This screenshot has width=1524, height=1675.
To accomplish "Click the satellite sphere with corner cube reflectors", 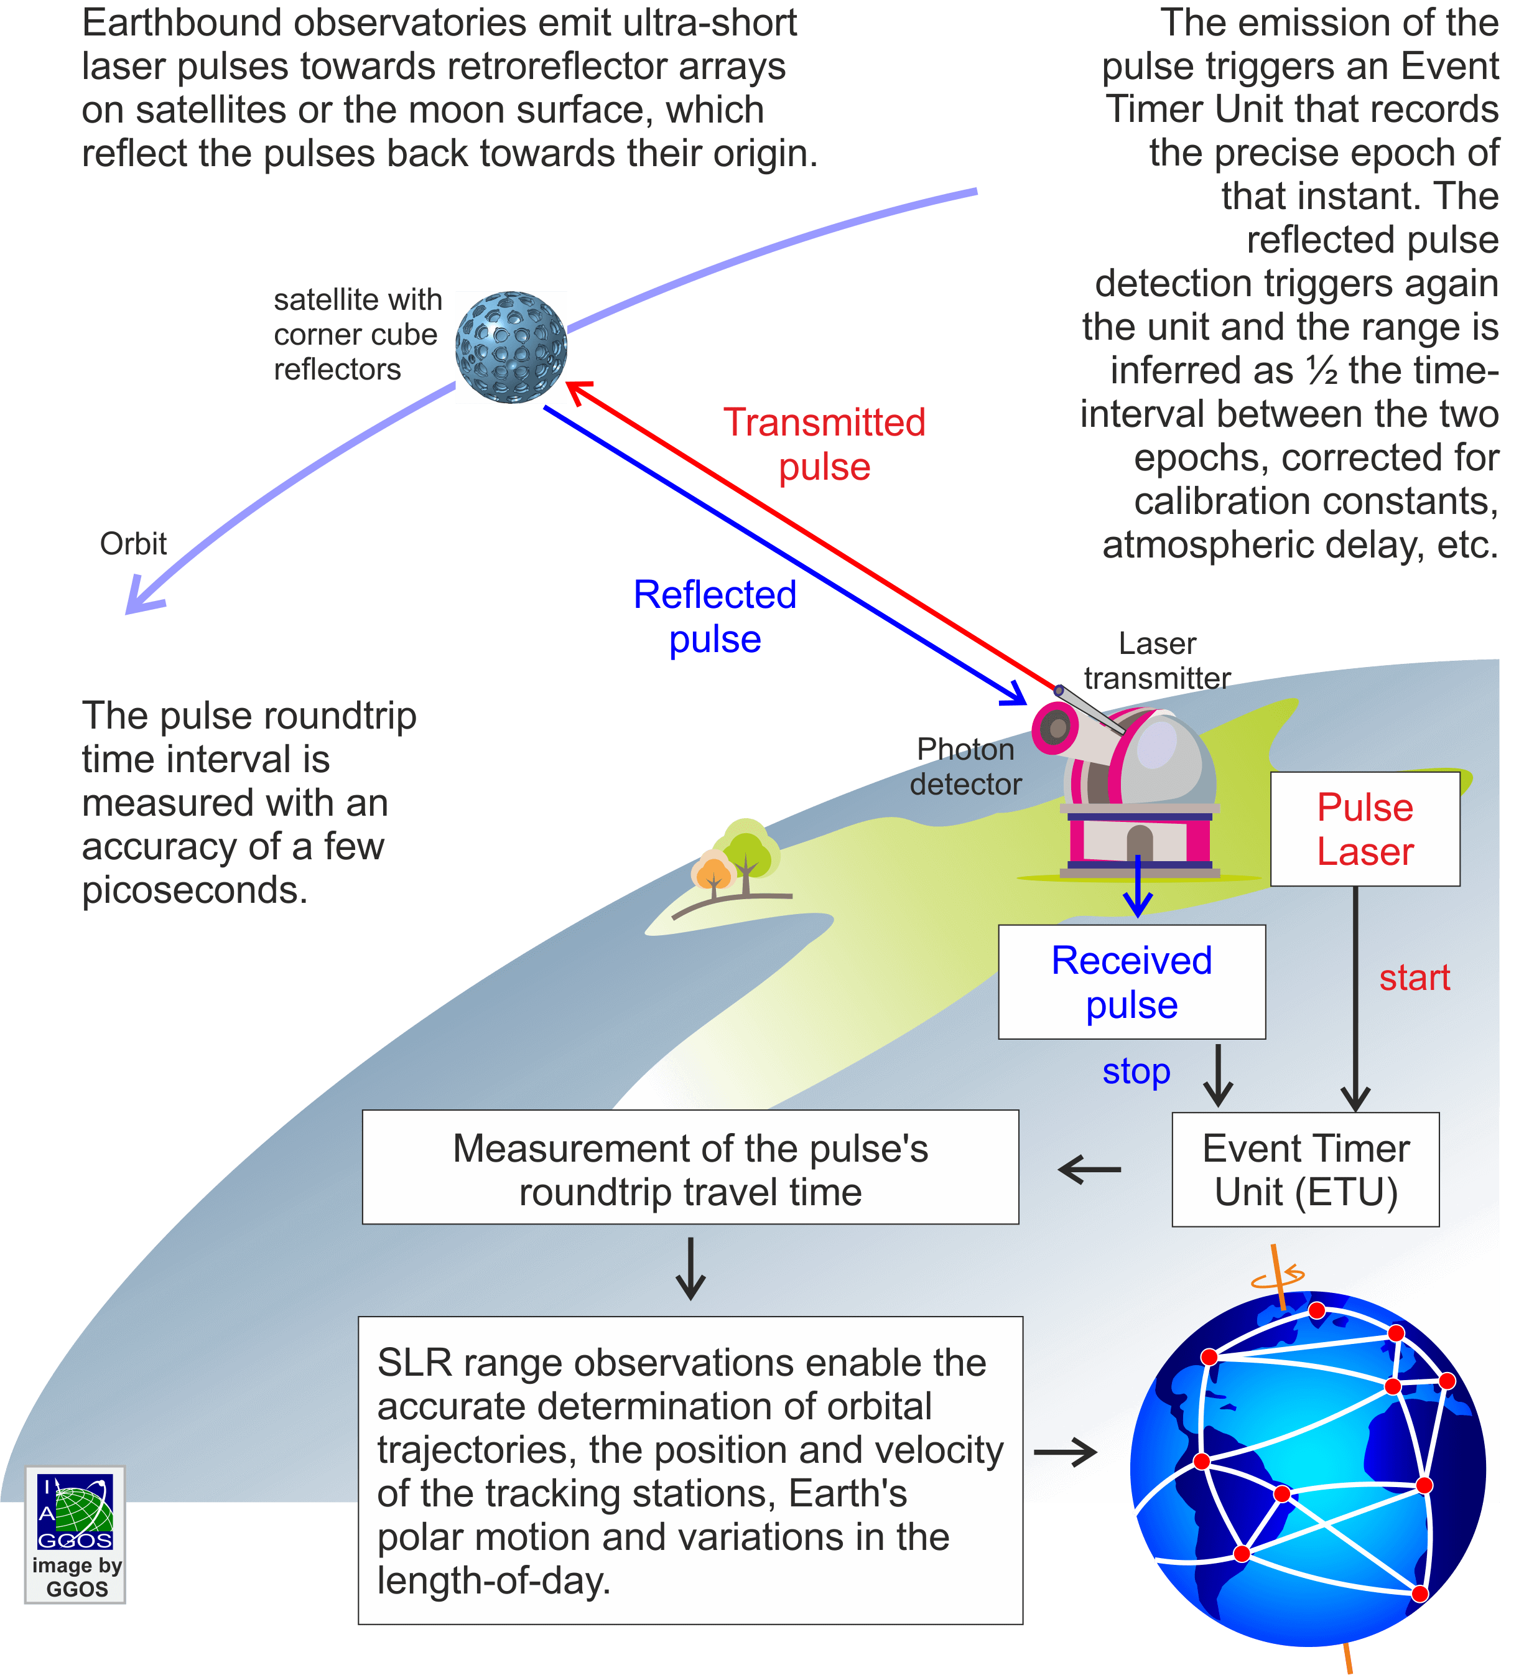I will click(511, 347).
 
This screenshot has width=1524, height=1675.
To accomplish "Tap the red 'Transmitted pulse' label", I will click(824, 444).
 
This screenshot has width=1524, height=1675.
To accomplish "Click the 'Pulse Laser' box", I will click(1365, 829).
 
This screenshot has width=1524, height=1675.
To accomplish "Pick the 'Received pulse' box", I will click(1131, 982).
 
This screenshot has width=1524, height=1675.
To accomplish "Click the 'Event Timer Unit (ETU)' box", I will click(1305, 1170).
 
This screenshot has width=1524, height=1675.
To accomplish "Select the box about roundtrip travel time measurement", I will click(690, 1167).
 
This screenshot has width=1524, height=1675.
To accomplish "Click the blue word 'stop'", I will click(1135, 1072).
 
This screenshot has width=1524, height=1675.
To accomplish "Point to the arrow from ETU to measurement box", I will click(1089, 1170).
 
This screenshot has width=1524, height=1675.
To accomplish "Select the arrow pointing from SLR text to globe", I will click(1066, 1453).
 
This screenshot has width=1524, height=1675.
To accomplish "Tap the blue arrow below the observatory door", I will click(1137, 889).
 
